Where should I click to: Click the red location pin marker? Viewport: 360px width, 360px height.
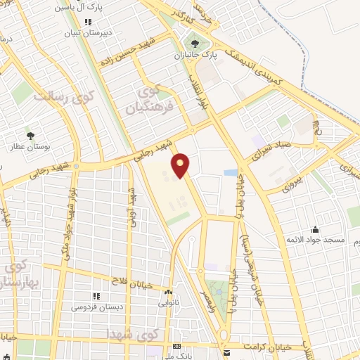pyautogui.click(x=181, y=165)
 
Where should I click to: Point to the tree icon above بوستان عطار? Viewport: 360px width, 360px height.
pyautogui.click(x=30, y=135)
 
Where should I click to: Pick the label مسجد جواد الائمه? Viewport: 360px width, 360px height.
pyautogui.click(x=315, y=240)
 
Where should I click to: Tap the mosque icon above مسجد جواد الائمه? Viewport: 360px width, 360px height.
pyautogui.click(x=315, y=229)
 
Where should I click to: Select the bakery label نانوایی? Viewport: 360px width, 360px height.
pyautogui.click(x=169, y=303)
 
